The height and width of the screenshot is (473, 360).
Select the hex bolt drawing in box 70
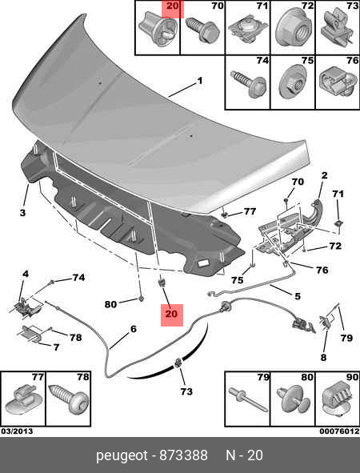202,30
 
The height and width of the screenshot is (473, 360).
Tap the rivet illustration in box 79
247,399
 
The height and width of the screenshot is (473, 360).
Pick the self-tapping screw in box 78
69,399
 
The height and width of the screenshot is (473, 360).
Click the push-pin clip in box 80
292,399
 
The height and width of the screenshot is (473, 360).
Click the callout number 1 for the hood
199,81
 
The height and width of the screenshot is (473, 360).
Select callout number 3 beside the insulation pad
22,212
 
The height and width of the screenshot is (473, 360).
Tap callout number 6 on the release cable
134,328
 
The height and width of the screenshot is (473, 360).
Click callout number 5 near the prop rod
298,296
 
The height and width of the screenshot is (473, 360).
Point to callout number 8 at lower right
323,358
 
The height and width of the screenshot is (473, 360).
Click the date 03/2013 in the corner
17,431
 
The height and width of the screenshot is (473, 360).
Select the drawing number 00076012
339,431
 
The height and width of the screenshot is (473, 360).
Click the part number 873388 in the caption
183,455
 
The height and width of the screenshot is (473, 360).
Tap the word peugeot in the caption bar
122,456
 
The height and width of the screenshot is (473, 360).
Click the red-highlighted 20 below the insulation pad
171,314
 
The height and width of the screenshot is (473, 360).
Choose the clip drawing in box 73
336,28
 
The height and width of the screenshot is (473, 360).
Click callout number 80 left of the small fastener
110,304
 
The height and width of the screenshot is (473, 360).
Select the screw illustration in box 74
249,83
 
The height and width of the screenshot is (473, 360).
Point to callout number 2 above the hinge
324,175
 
